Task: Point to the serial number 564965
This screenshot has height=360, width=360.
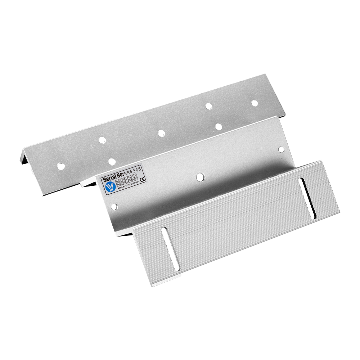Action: click(132, 172)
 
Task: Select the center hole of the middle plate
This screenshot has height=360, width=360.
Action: click(201, 177)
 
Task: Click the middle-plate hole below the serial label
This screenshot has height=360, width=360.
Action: click(114, 207)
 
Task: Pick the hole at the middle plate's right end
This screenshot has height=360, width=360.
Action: click(281, 149)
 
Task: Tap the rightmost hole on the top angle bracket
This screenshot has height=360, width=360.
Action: click(254, 103)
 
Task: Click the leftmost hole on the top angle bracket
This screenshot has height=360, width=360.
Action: click(62, 166)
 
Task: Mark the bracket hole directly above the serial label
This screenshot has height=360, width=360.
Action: click(112, 162)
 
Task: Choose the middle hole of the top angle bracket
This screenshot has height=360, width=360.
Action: click(161, 133)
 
